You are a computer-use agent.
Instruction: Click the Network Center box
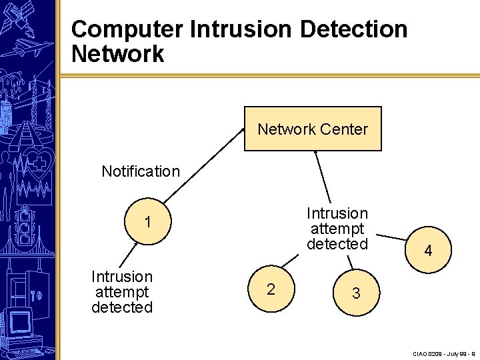(313, 129)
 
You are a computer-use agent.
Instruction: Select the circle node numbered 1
(147, 222)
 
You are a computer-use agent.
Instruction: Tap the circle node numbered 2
(271, 289)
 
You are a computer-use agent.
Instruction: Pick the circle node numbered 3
(357, 293)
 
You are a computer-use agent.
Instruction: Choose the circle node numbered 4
(428, 251)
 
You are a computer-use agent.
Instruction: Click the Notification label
(141, 171)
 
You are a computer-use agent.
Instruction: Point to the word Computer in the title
(127, 29)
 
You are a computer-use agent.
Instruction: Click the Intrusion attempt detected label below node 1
(122, 292)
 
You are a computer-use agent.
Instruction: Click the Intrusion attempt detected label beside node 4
(337, 229)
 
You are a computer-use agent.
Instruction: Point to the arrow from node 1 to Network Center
(203, 165)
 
